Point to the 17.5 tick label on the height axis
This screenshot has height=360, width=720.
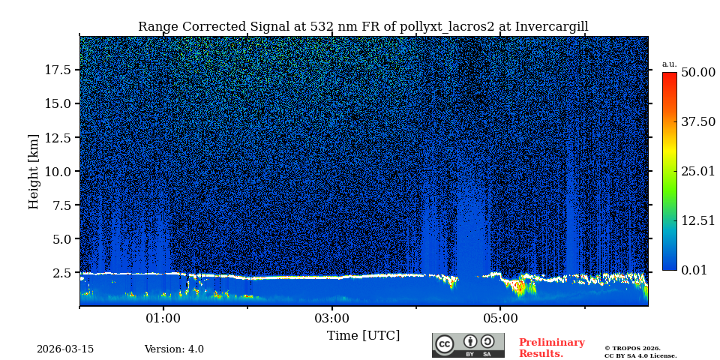58,70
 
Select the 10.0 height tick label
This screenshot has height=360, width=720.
58,171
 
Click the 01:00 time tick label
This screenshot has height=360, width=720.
163,318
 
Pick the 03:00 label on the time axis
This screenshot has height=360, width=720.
331,318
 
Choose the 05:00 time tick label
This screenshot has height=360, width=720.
500,318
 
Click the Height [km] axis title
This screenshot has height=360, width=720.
34,171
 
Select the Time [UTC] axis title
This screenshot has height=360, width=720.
363,336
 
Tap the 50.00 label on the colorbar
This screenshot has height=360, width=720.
697,73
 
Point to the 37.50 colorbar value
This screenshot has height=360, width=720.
697,122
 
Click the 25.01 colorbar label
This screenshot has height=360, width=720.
697,172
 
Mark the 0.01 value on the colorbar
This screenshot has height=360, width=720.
694,270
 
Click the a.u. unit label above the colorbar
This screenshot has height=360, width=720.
669,64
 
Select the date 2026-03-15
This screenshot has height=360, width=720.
65,349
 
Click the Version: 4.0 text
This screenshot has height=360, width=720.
174,349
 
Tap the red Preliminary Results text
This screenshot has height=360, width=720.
551,348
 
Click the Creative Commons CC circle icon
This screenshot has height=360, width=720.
445,344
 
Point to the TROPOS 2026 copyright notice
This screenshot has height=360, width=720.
632,348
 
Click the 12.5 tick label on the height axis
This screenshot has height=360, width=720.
58,137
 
